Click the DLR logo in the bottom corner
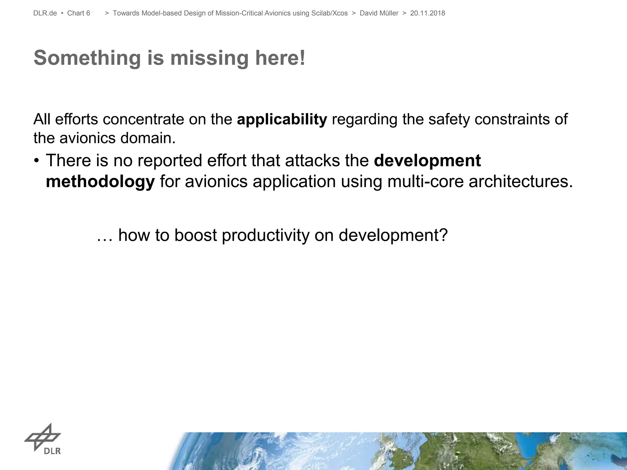pyautogui.click(x=43, y=438)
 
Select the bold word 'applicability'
pyautogui.click(x=282, y=119)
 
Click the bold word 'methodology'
pyautogui.click(x=100, y=182)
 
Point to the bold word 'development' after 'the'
pyautogui.click(x=427, y=161)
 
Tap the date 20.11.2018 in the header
pyautogui.click(x=427, y=13)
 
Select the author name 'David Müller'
pyautogui.click(x=379, y=13)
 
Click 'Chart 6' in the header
pyautogui.click(x=79, y=13)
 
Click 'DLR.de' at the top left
pyautogui.click(x=45, y=13)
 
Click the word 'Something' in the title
pyautogui.click(x=87, y=58)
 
